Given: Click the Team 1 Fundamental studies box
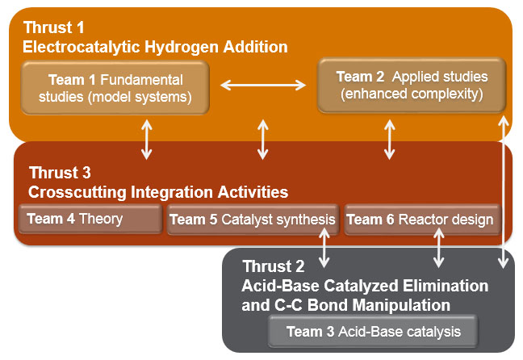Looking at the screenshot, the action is point(115,88).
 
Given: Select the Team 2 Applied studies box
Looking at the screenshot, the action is point(412,86).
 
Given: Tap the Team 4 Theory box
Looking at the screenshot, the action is point(90,219).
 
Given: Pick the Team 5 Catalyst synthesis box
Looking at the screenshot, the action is point(253,220).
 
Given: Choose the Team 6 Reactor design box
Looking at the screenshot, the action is point(423,220).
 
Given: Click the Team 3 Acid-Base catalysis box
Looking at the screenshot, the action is point(373,332).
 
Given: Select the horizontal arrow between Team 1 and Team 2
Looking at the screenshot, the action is point(263,85).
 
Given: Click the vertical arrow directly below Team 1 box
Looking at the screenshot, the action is point(147,140).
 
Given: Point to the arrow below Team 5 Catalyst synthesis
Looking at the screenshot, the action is point(324,248).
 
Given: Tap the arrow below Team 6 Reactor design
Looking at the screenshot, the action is point(438,248).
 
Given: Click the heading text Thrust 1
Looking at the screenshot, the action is point(54,27).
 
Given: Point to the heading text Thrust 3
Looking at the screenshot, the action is point(60,173).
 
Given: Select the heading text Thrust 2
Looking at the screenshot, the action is point(274,266).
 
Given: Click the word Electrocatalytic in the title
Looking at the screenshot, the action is point(81,47).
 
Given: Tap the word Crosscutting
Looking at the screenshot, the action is point(77,192).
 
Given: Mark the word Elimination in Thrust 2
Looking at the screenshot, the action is point(446,286).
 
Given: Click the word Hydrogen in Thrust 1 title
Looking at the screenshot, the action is point(182,47).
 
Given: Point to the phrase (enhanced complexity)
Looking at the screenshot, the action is point(412,94).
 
